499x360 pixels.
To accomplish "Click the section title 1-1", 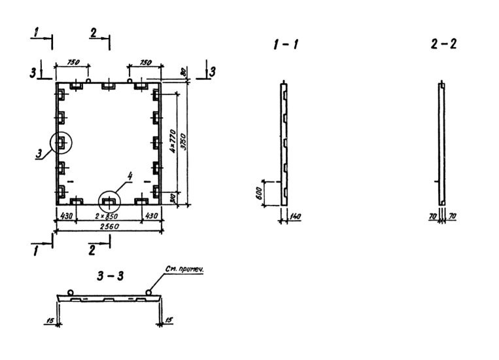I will coord(286,45).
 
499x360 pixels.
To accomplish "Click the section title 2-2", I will coord(444,45).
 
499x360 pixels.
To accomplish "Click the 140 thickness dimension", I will coord(295,216).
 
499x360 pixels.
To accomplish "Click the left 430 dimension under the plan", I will coord(65,215).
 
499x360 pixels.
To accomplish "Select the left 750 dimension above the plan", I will coord(73,62).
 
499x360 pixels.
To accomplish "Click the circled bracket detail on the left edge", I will coord(61,142).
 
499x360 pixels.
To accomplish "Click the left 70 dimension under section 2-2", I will coord(433,215).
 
